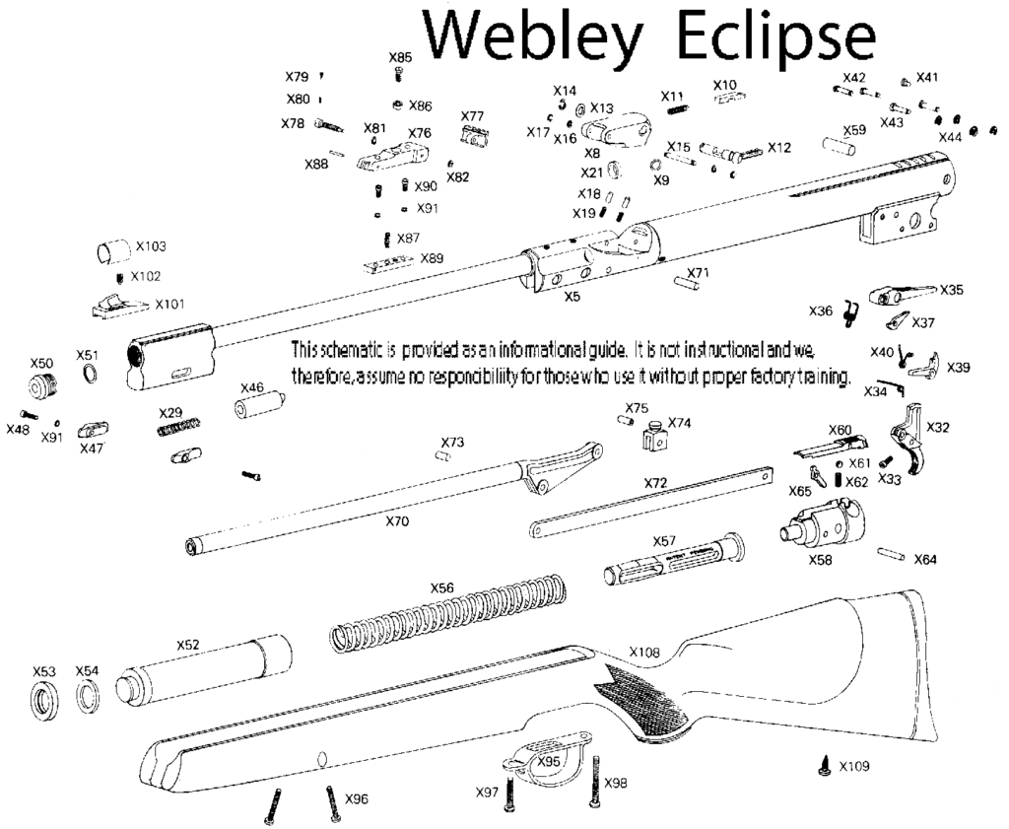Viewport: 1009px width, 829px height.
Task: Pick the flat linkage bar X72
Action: (x=656, y=504)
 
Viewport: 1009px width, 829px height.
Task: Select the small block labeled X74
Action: (x=652, y=438)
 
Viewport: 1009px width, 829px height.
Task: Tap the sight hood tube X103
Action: (x=111, y=251)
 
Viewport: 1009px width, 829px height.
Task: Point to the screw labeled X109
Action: (x=825, y=766)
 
